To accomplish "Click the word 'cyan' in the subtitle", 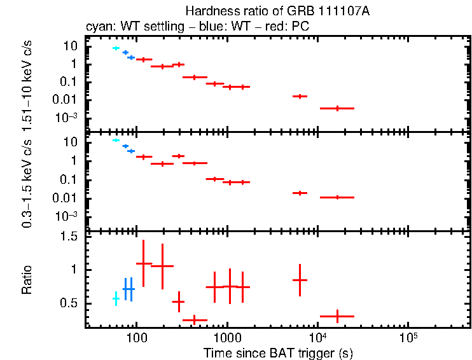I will (97, 27).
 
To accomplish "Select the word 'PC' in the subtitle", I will (301, 27).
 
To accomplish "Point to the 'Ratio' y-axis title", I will (27, 280).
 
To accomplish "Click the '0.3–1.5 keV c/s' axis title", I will (27, 184).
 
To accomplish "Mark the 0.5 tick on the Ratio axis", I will (71, 303).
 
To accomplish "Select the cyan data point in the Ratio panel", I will (116, 298).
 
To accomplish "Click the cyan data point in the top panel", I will (116, 48).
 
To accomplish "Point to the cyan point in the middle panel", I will (116, 140).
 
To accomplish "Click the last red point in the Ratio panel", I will (337, 315).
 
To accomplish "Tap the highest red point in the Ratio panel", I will (144, 263).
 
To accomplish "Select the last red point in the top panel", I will (337, 108).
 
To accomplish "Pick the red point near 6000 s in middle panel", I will (300, 192).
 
